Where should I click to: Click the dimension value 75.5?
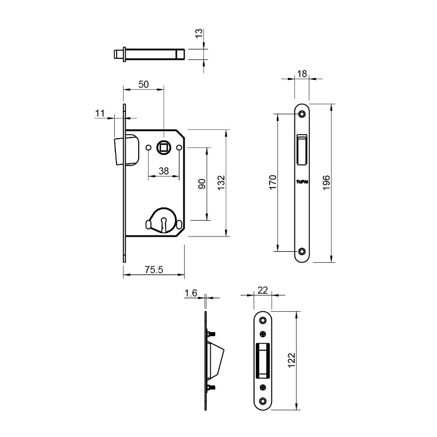154,270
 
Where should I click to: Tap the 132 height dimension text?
221,183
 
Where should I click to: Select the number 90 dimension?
202,184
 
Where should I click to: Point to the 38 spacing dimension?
164,171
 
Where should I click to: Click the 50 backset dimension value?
143,84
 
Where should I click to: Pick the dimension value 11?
100,113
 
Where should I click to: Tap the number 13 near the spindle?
199,33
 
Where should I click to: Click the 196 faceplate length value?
326,182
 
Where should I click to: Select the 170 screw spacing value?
273,182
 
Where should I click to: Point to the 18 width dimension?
302,74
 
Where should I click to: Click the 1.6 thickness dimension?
191,293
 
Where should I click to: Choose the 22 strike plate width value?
263,290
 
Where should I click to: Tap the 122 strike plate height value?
291,360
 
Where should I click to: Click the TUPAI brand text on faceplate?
302,182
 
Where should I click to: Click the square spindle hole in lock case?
163,147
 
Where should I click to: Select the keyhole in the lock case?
164,224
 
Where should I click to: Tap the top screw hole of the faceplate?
302,114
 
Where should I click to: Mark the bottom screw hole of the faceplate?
302,251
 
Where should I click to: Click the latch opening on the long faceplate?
302,149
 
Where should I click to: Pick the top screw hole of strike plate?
263,320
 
